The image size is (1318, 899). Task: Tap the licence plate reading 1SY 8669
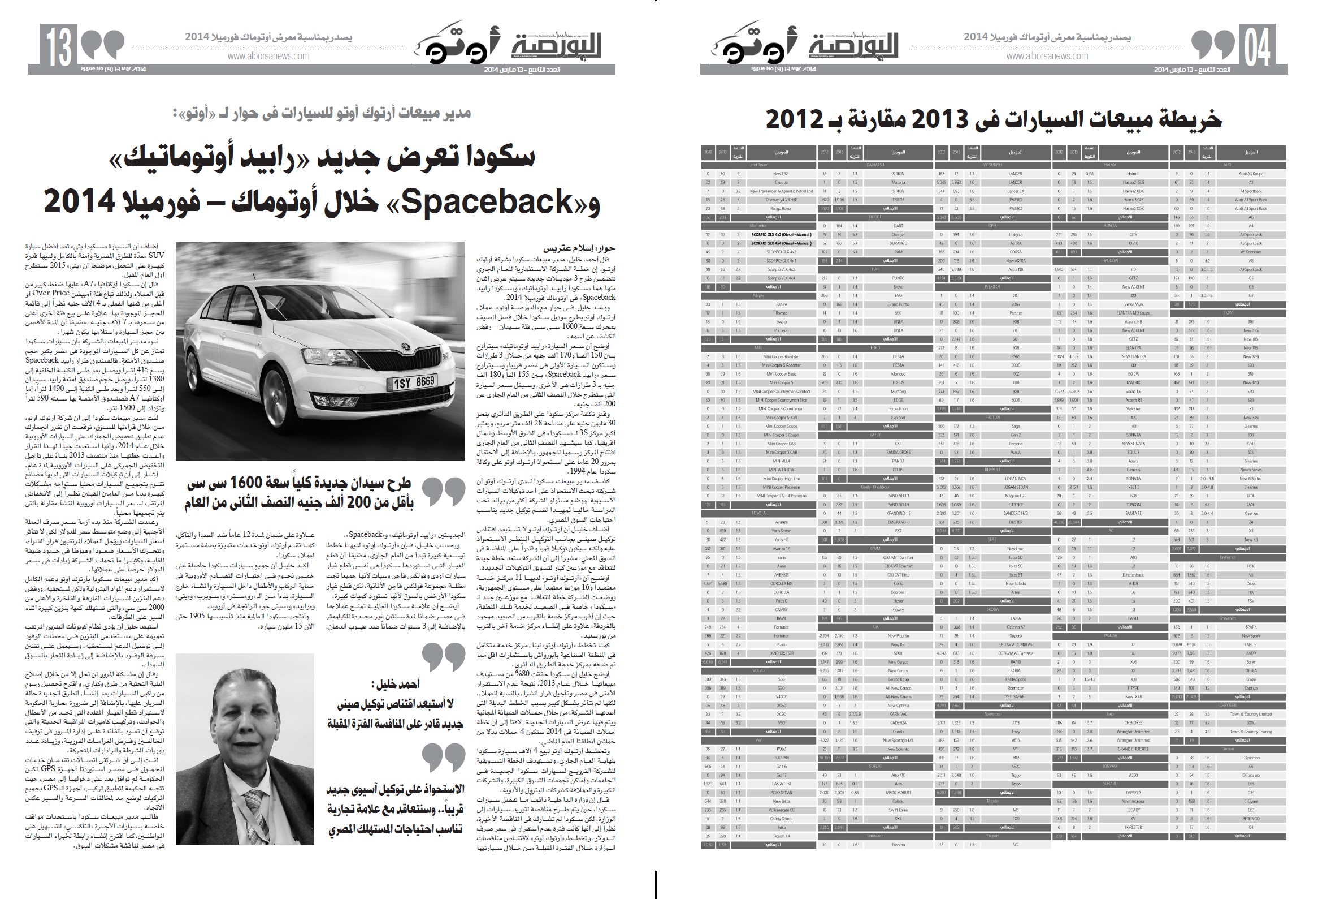click(x=414, y=382)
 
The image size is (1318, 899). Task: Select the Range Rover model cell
click(x=781, y=208)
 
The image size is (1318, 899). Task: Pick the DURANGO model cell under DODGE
click(x=898, y=243)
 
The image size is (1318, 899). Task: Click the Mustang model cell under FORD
click(x=898, y=391)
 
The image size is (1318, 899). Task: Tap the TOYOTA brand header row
click(x=758, y=513)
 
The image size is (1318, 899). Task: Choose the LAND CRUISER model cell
click(x=781, y=653)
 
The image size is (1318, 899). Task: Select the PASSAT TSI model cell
click(x=781, y=784)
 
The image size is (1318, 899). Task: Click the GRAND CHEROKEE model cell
click(x=1133, y=749)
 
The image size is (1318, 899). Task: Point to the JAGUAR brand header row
click(x=1110, y=636)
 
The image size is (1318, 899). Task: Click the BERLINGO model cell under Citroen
click(x=1250, y=819)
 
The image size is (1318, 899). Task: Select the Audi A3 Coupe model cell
click(x=1250, y=174)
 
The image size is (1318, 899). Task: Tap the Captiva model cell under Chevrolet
click(x=1250, y=688)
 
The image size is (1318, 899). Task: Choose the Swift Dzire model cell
click(x=898, y=810)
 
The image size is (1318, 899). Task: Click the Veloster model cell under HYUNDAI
click(x=1133, y=408)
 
